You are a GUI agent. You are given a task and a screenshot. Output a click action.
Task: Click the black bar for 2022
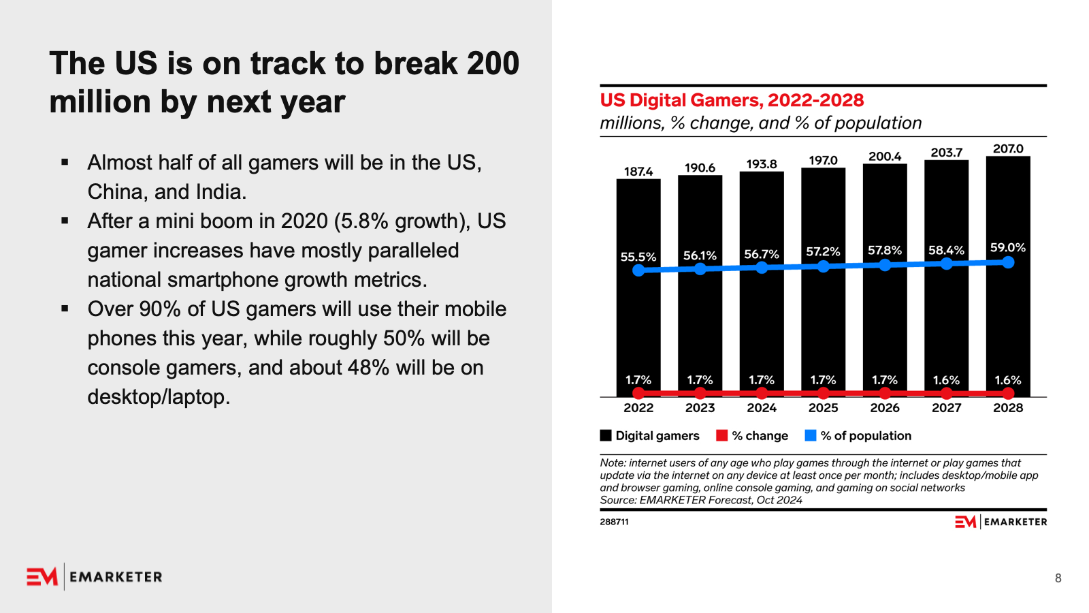(x=638, y=320)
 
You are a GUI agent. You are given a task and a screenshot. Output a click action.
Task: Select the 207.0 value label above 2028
(x=1008, y=148)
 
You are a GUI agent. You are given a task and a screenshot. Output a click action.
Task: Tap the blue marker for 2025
(x=823, y=266)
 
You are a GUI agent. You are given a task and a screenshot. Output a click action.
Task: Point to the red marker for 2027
(x=946, y=393)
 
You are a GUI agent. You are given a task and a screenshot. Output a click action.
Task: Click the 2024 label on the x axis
(x=762, y=407)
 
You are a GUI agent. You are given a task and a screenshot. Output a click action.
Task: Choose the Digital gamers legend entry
(x=650, y=436)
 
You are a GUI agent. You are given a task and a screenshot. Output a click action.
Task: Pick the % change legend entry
(x=752, y=436)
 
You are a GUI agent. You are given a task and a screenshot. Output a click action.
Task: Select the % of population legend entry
(x=858, y=436)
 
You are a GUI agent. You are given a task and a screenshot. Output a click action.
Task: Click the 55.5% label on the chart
(x=638, y=257)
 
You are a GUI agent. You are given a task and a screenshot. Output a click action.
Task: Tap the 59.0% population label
(x=1008, y=247)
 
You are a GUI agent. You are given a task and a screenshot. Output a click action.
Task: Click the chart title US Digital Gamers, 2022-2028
(x=732, y=100)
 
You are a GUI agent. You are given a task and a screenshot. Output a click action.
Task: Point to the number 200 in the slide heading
(x=493, y=63)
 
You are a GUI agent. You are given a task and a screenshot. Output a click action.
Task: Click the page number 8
(x=1058, y=578)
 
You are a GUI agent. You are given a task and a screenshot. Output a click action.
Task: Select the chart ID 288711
(x=614, y=522)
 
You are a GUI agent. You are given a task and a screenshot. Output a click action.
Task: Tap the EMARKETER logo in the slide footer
(x=95, y=577)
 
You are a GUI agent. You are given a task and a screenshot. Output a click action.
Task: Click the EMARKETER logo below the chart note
(x=1001, y=522)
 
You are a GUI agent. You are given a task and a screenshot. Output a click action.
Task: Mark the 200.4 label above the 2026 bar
(x=885, y=157)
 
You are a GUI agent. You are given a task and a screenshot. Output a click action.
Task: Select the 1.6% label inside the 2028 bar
(x=1008, y=380)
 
